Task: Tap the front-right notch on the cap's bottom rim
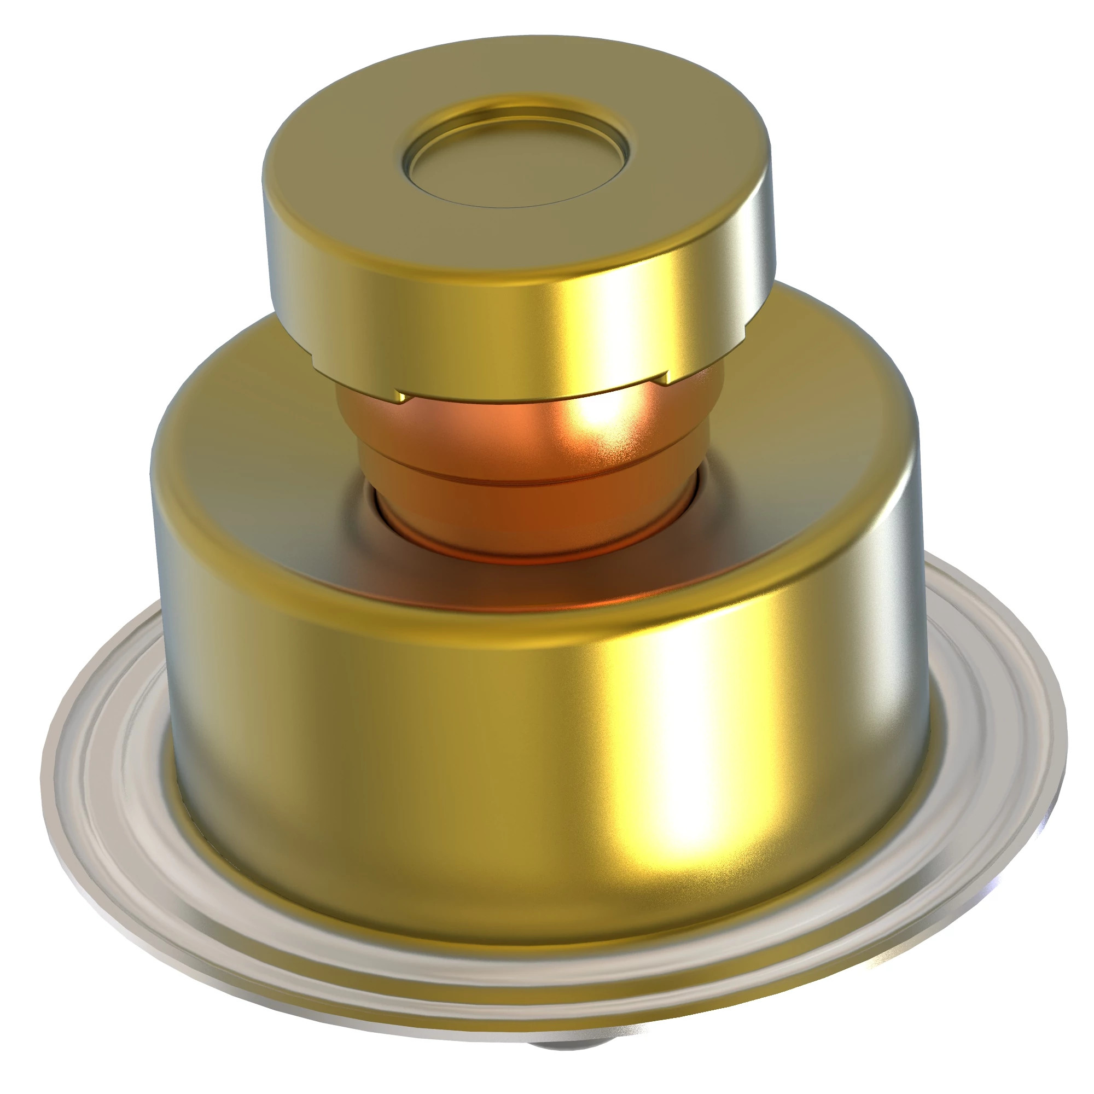pyautogui.click(x=666, y=376)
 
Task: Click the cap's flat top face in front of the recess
pyautogui.click(x=510, y=238)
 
